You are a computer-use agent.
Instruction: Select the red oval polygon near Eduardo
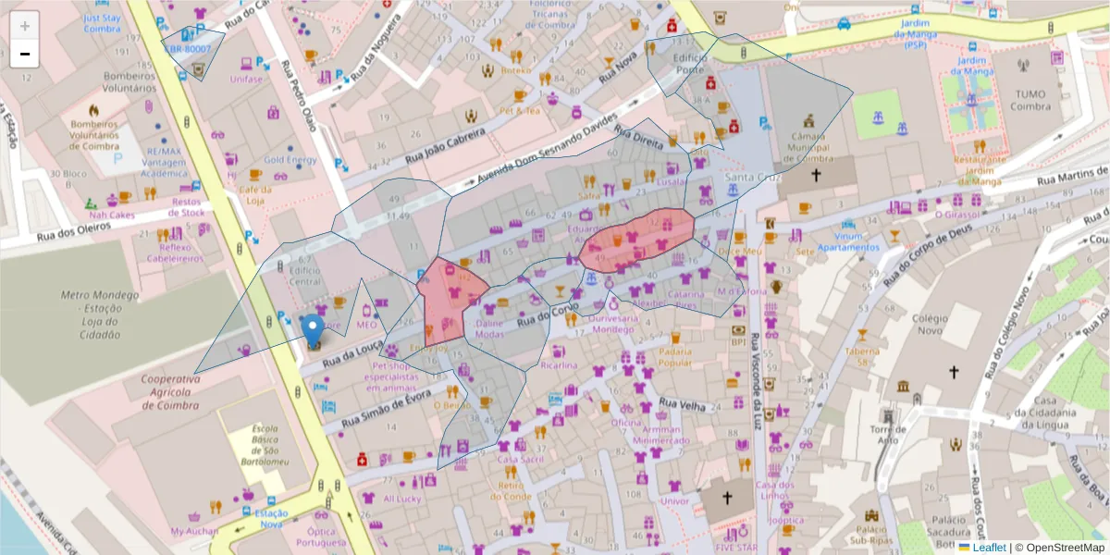tap(638, 238)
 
